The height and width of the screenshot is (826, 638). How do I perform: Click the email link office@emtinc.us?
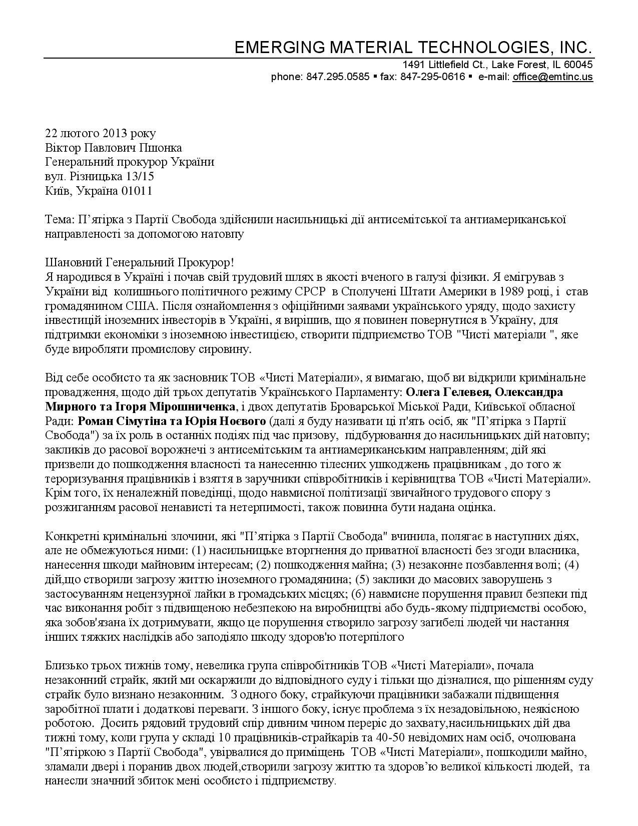(552, 77)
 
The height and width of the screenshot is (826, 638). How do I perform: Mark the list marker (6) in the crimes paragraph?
(359, 594)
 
